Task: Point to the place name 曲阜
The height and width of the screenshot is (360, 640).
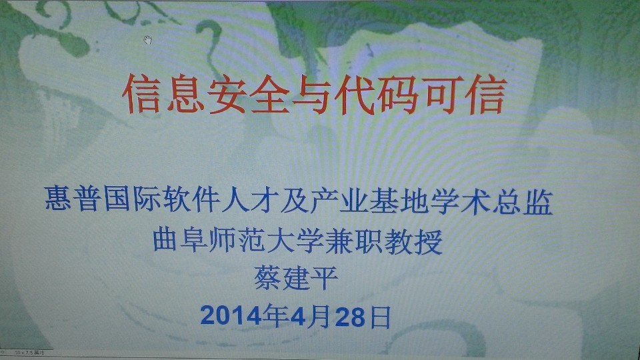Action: (x=181, y=240)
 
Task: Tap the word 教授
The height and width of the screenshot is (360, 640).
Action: (x=413, y=240)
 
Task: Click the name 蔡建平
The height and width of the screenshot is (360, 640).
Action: (x=296, y=276)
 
